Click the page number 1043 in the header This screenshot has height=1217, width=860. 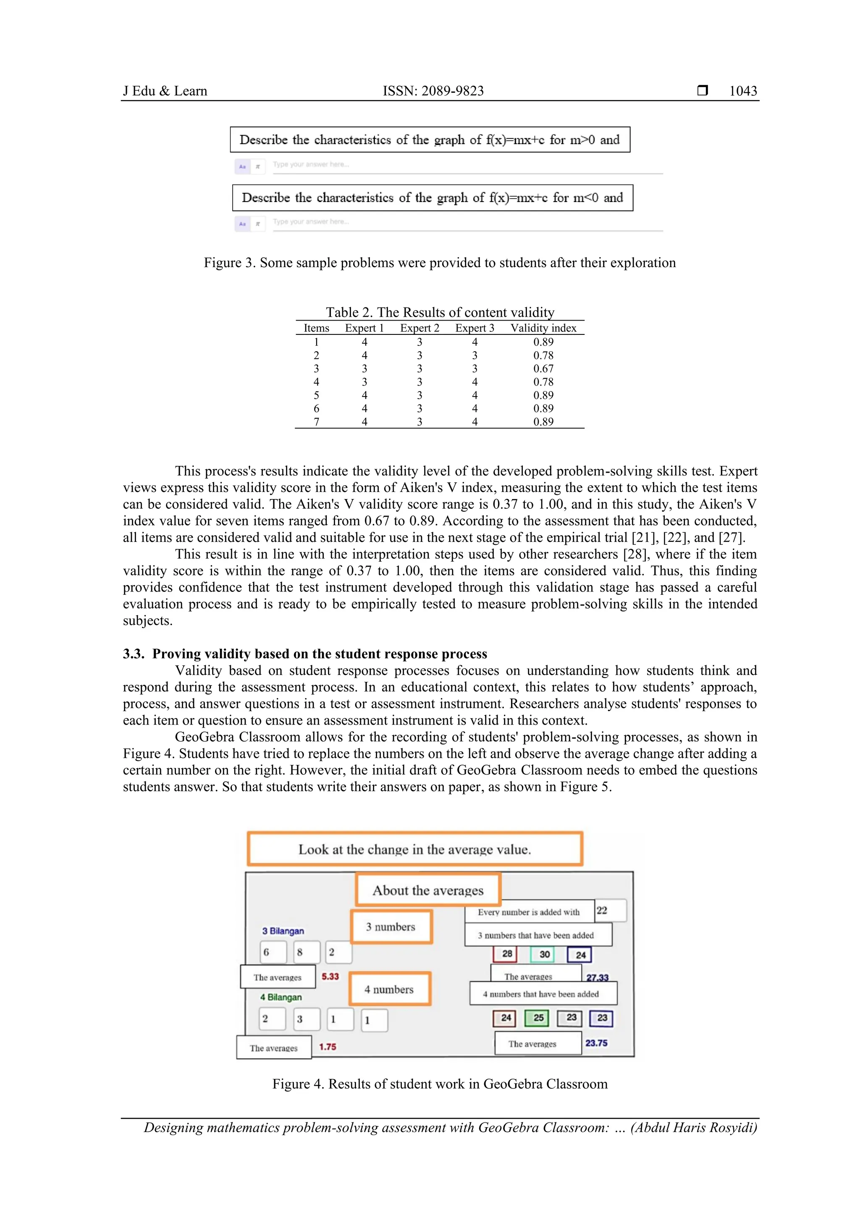(743, 91)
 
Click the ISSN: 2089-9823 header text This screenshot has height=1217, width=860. (433, 91)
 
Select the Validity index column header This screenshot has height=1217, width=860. (543, 328)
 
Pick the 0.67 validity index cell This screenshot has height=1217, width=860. (543, 368)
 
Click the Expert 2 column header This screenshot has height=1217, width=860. (420, 328)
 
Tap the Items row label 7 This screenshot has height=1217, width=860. (316, 422)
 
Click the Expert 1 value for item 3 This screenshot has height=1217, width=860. (364, 368)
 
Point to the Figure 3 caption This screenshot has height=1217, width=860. (439, 263)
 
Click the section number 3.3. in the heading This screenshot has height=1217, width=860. (134, 654)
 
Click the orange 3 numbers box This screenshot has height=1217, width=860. (391, 927)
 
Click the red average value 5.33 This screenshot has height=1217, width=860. (330, 976)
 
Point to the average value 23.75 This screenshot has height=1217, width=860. (596, 1043)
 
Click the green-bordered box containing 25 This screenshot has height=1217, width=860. (538, 1018)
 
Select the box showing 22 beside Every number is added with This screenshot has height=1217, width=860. (610, 910)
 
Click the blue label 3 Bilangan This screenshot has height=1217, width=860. (283, 931)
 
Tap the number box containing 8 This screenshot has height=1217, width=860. (306, 952)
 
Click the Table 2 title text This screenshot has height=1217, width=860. (440, 312)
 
